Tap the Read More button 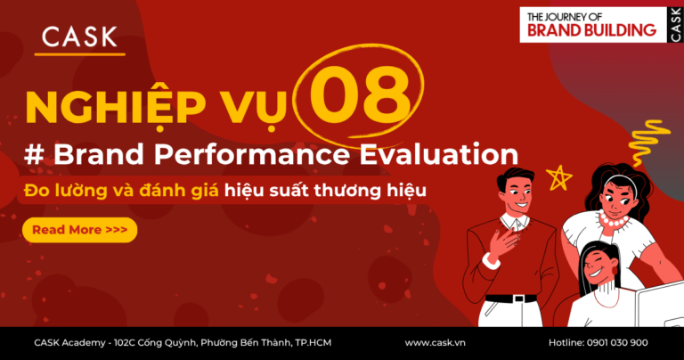pyautogui.click(x=79, y=230)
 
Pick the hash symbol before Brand pyautogui.click(x=33, y=153)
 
